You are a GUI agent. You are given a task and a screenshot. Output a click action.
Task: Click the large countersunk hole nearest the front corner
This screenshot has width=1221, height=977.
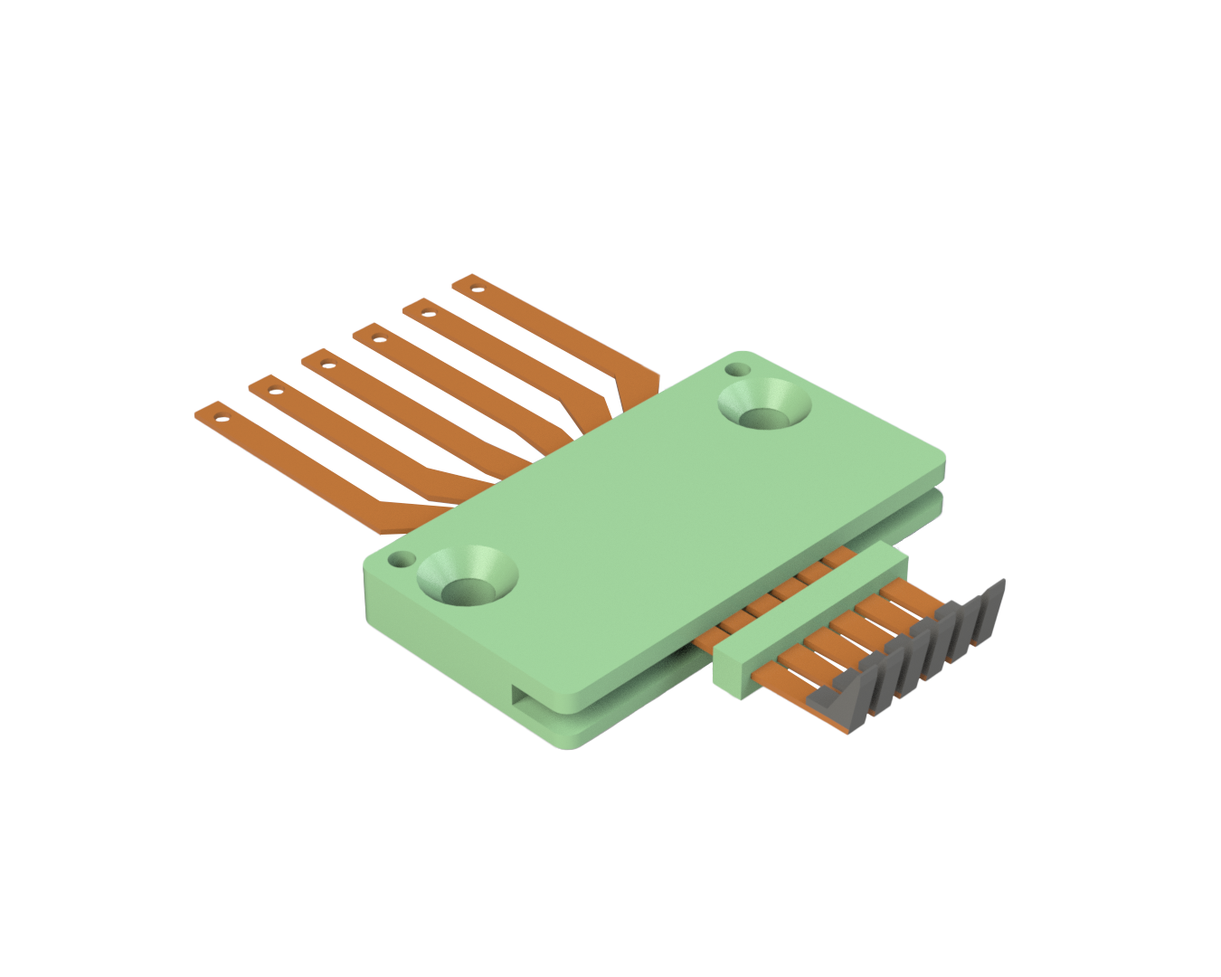467,579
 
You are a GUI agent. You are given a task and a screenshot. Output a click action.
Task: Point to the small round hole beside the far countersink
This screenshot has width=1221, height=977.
738,370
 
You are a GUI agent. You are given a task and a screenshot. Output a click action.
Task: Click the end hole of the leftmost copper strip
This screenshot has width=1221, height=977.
219,418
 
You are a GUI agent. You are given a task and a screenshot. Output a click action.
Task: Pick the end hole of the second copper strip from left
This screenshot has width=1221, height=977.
274,393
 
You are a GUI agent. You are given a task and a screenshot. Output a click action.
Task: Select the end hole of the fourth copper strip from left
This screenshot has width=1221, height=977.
378,341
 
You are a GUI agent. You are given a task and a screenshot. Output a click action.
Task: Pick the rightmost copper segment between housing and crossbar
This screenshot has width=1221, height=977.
837,562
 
